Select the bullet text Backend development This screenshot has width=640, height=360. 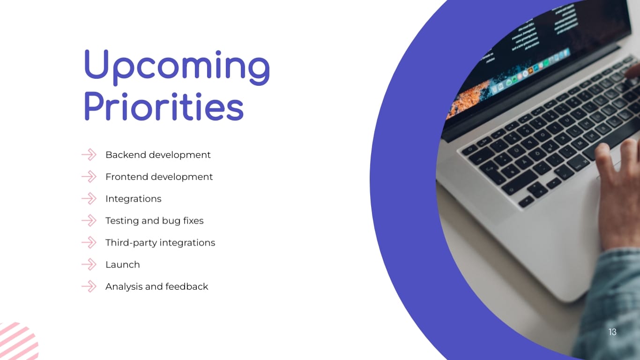point(158,155)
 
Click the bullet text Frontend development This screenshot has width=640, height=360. point(159,177)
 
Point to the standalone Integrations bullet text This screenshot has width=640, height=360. point(133,199)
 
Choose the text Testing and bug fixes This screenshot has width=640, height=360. point(154,221)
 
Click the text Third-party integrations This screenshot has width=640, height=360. point(160,243)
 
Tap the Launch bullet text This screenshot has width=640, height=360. point(122,265)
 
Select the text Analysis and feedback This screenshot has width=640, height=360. point(156,286)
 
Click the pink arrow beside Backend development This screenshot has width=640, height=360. point(89,155)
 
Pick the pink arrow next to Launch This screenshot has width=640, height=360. point(89,265)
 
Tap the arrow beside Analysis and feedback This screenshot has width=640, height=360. point(89,286)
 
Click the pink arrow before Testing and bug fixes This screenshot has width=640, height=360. point(89,221)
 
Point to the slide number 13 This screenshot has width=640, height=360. point(612,332)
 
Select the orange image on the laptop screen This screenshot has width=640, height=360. point(466,101)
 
